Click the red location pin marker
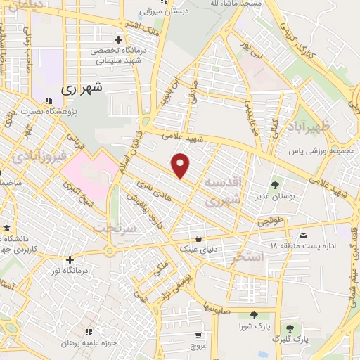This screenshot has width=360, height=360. pyautogui.click(x=181, y=166)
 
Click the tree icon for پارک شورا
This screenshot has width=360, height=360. pyautogui.click(x=253, y=314)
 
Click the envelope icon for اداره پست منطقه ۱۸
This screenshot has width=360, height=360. pyautogui.click(x=303, y=234)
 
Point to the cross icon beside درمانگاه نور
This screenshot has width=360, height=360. pyautogui.click(x=70, y=259)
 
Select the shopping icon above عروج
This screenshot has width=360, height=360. pyautogui.click(x=199, y=335)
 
